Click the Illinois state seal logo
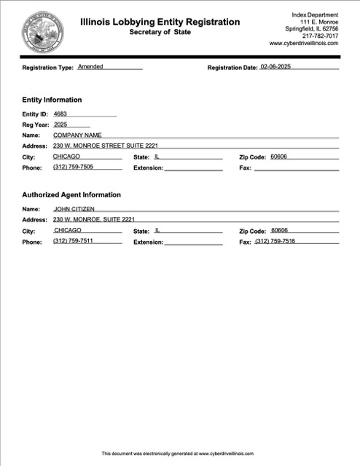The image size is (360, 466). pyautogui.click(x=43, y=31)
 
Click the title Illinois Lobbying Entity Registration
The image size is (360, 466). pyautogui.click(x=160, y=22)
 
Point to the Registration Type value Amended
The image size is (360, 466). pyautogui.click(x=90, y=66)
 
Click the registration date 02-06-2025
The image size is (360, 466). pyautogui.click(x=281, y=67)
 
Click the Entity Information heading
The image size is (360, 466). pyautogui.click(x=52, y=100)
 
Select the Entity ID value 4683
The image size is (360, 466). pyautogui.click(x=60, y=114)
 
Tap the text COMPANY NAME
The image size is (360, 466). pyautogui.click(x=77, y=135)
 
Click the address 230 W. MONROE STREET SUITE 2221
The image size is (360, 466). pyautogui.click(x=105, y=146)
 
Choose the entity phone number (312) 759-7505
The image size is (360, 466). pyautogui.click(x=73, y=167)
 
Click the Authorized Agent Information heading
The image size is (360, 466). pyautogui.click(x=71, y=195)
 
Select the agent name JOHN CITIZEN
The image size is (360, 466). pyautogui.click(x=74, y=209)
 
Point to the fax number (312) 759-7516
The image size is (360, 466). pyautogui.click(x=275, y=241)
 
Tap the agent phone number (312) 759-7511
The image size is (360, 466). pyautogui.click(x=73, y=241)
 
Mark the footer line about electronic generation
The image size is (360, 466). pyautogui.click(x=177, y=453)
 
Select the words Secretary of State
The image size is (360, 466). pyautogui.click(x=159, y=33)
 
